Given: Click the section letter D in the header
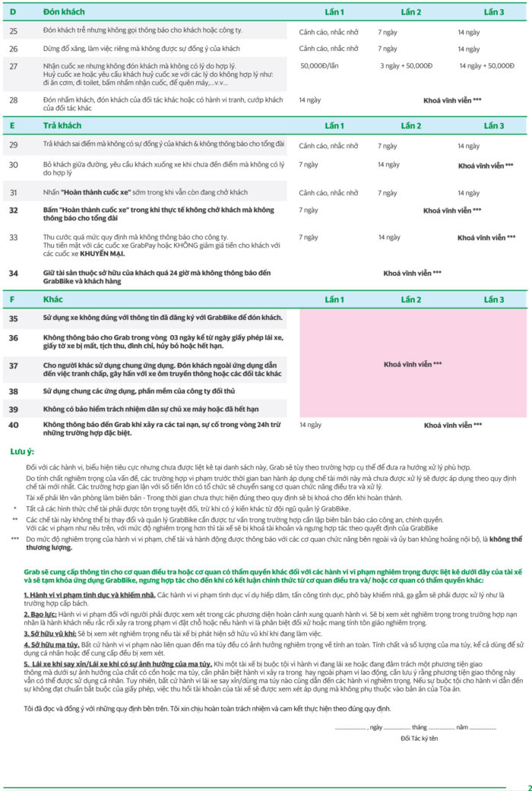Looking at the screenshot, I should [12, 12].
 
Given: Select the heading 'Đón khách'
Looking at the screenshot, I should [63, 12].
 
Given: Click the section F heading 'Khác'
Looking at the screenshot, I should [53, 299].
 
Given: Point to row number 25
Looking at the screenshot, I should [13, 30].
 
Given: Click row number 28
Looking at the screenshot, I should [13, 100].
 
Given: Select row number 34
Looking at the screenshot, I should [13, 273].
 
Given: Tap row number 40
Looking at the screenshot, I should [13, 425].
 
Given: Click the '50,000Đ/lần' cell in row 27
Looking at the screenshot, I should [319, 65].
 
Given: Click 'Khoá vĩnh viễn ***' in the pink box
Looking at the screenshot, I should [413, 365].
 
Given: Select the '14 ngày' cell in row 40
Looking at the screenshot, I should [309, 425].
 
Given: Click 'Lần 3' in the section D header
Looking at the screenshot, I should [494, 12].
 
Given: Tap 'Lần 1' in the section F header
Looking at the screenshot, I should [334, 299].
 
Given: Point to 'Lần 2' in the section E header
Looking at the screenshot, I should [411, 125].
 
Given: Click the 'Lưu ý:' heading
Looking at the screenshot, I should [21, 451].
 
